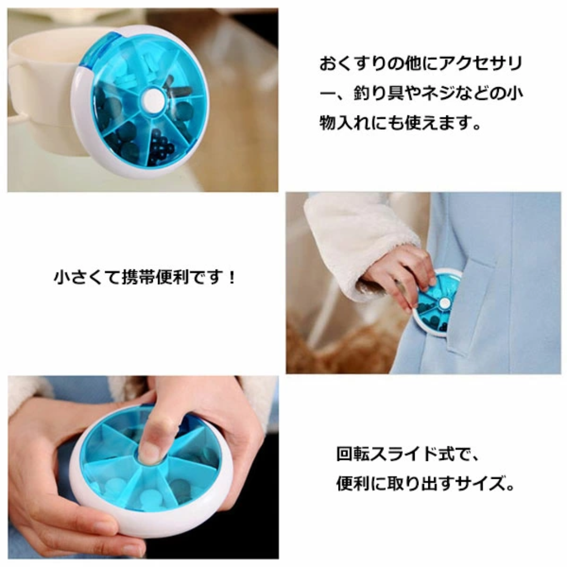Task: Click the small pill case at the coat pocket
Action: tap(437, 303)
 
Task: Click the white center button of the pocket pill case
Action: tap(444, 303)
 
